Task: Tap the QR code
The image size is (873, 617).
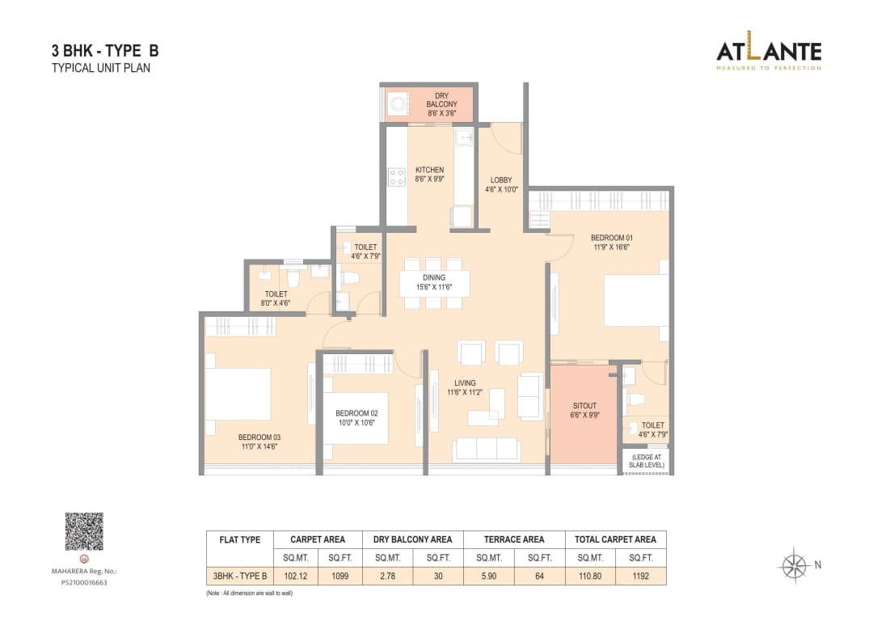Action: point(84,531)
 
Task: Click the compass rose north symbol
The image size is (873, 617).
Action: point(796,564)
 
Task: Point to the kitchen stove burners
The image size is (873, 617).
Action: point(396,176)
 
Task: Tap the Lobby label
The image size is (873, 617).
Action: point(501,180)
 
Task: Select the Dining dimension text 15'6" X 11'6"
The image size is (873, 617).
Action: point(433,287)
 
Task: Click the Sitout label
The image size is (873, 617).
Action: point(584,406)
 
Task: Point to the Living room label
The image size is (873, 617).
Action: point(465,382)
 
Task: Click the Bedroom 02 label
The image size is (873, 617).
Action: point(356,412)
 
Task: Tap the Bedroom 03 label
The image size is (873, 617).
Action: point(259,437)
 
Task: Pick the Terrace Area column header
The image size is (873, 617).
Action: point(514,539)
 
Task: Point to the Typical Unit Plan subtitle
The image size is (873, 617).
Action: point(101,68)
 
